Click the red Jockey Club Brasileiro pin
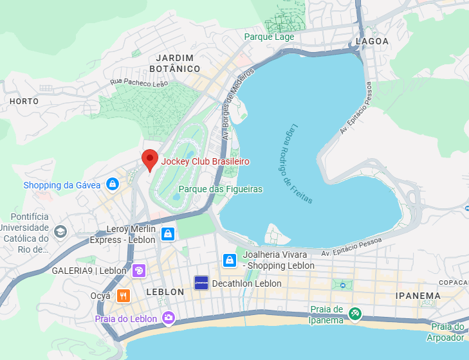[x=150, y=159]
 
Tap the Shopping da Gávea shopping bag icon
[x=113, y=184]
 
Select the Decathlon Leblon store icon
[x=201, y=283]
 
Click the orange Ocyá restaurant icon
[x=124, y=296]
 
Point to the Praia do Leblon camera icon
[x=169, y=318]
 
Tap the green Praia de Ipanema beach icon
[x=354, y=314]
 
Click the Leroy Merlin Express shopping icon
[x=167, y=233]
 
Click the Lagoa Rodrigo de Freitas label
[x=301, y=163]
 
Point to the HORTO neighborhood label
[x=24, y=102]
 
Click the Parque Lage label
[x=269, y=37]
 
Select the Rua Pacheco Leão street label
[x=139, y=82]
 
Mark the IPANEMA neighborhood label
[x=419, y=296]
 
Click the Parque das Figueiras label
[x=221, y=189]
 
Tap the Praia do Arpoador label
[x=447, y=332]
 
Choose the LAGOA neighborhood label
[x=372, y=41]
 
